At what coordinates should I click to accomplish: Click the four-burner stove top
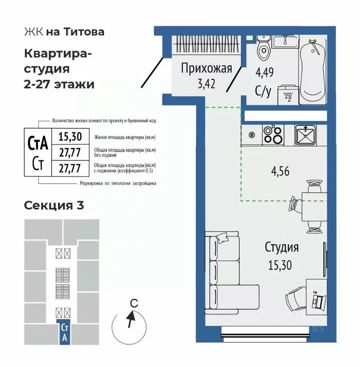tap(274, 134)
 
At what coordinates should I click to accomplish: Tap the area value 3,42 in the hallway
tap(206, 85)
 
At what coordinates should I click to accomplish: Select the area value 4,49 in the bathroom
tap(265, 73)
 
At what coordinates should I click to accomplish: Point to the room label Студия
tap(282, 248)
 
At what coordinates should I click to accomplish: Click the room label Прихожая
tap(206, 69)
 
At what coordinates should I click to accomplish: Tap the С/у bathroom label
tap(263, 91)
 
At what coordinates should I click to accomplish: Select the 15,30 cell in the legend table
tap(70, 137)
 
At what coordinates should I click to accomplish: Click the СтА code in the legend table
tap(38, 143)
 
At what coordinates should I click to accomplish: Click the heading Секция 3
tap(54, 206)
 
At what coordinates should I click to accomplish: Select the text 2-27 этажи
tap(59, 84)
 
